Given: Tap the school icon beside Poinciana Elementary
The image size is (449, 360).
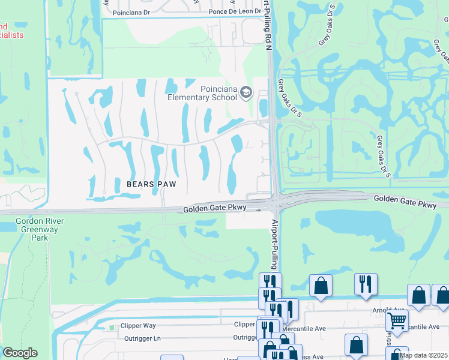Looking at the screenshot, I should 246,93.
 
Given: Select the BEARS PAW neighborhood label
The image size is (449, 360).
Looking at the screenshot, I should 151,184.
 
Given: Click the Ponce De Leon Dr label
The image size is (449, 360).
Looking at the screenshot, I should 232,12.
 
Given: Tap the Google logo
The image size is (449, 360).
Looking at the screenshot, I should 20,353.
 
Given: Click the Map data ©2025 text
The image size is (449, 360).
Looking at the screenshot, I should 423,355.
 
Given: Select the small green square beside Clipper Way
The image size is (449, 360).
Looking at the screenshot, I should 111,328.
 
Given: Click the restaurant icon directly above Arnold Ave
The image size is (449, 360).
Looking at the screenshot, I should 366,284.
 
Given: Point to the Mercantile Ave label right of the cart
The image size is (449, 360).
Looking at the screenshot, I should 428,328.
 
